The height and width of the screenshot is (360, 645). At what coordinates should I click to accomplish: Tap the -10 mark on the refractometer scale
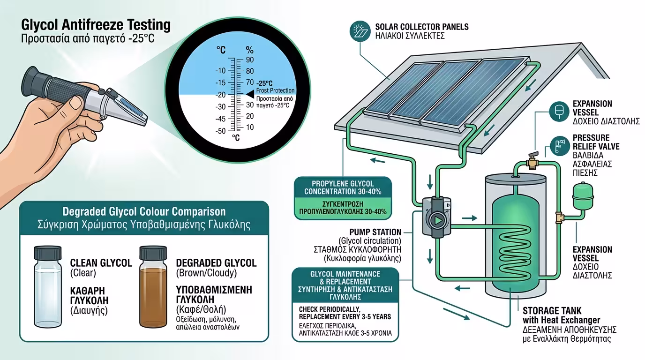tap(220, 71)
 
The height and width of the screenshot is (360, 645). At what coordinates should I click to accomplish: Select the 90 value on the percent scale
tap(250, 60)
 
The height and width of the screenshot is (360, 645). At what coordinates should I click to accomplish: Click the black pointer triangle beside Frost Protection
tap(250, 94)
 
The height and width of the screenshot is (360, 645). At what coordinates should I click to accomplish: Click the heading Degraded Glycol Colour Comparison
tap(144, 211)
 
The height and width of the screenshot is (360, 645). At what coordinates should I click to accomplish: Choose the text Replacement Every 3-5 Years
tap(345, 317)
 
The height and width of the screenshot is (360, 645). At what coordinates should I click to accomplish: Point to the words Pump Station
tap(375, 232)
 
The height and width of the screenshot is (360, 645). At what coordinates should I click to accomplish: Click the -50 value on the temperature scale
tap(220, 131)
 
